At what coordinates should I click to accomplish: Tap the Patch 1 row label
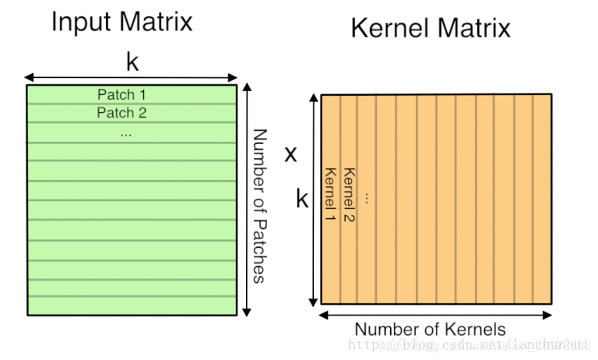[x=121, y=94]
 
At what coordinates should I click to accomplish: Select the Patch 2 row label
[x=121, y=113]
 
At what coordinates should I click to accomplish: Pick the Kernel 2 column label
[x=349, y=194]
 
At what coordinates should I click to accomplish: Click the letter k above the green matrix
[x=132, y=62]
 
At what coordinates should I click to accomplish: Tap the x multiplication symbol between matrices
[x=290, y=154]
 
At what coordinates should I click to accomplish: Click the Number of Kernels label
[x=431, y=329]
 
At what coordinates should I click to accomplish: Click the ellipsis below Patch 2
[x=126, y=134]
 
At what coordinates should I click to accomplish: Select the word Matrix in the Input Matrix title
[x=155, y=21]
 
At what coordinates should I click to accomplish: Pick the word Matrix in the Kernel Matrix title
[x=473, y=29]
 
